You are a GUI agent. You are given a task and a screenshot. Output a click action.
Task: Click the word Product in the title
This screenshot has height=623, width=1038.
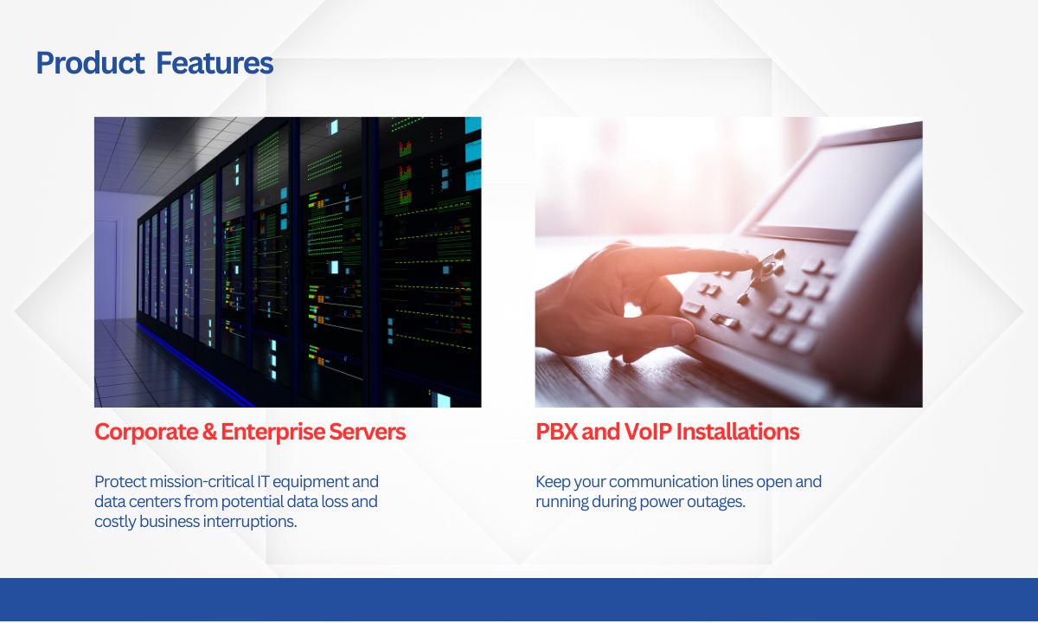90,63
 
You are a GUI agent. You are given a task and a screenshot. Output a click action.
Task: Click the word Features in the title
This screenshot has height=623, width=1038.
215,63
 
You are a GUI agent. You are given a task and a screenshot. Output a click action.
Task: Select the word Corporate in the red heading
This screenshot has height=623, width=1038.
146,433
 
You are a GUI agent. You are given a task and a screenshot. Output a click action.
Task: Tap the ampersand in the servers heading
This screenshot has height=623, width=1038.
209,432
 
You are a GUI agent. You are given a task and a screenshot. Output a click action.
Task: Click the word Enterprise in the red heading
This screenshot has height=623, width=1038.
273,433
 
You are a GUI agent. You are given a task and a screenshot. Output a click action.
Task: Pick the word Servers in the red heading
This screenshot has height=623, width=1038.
367,432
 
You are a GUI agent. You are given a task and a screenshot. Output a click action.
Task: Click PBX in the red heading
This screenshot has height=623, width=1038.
556,432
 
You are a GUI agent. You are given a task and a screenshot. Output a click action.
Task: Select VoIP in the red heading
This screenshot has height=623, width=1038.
648,432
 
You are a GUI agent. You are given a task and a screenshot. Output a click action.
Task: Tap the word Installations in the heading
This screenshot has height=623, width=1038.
738,432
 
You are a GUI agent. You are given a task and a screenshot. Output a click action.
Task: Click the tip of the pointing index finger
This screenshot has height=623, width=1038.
756,261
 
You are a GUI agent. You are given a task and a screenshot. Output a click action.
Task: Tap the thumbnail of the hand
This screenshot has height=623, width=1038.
683,331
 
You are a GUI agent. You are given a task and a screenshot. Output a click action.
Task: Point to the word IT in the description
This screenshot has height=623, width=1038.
263,482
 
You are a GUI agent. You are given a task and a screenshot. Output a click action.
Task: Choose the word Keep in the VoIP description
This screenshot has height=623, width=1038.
553,482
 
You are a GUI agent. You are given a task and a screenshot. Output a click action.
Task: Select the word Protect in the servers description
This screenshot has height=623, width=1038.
120,482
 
